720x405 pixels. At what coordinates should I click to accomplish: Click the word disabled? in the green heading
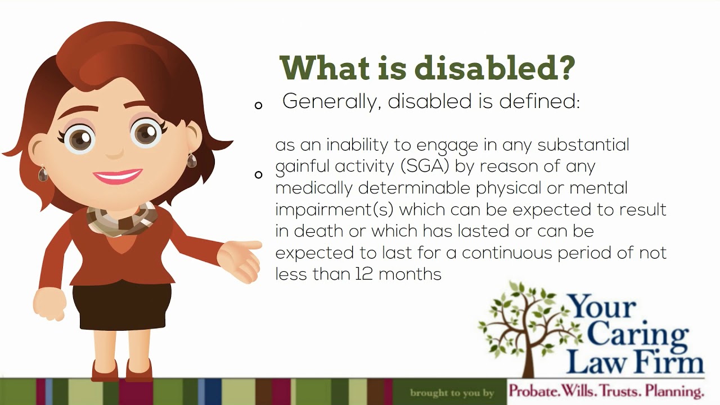coord(495,67)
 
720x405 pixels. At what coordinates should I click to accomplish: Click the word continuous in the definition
coord(507,253)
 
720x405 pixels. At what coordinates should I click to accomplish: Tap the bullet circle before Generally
coord(259,105)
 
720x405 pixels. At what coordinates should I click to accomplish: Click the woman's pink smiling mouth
coord(118,176)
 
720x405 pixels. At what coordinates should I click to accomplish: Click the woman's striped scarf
coord(120,219)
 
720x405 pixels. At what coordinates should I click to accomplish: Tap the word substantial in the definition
coord(583,145)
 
